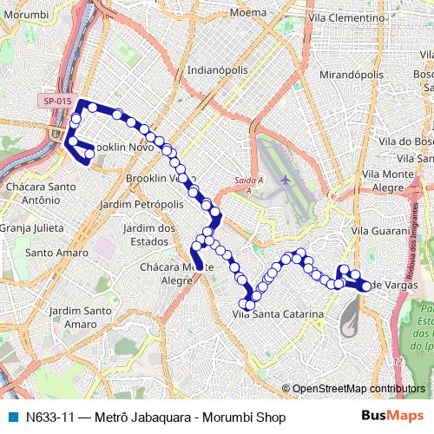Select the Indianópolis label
(218, 69)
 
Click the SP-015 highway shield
(56, 101)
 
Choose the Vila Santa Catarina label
(279, 314)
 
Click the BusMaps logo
(393, 418)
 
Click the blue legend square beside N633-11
(13, 418)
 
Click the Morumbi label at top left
(23, 14)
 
